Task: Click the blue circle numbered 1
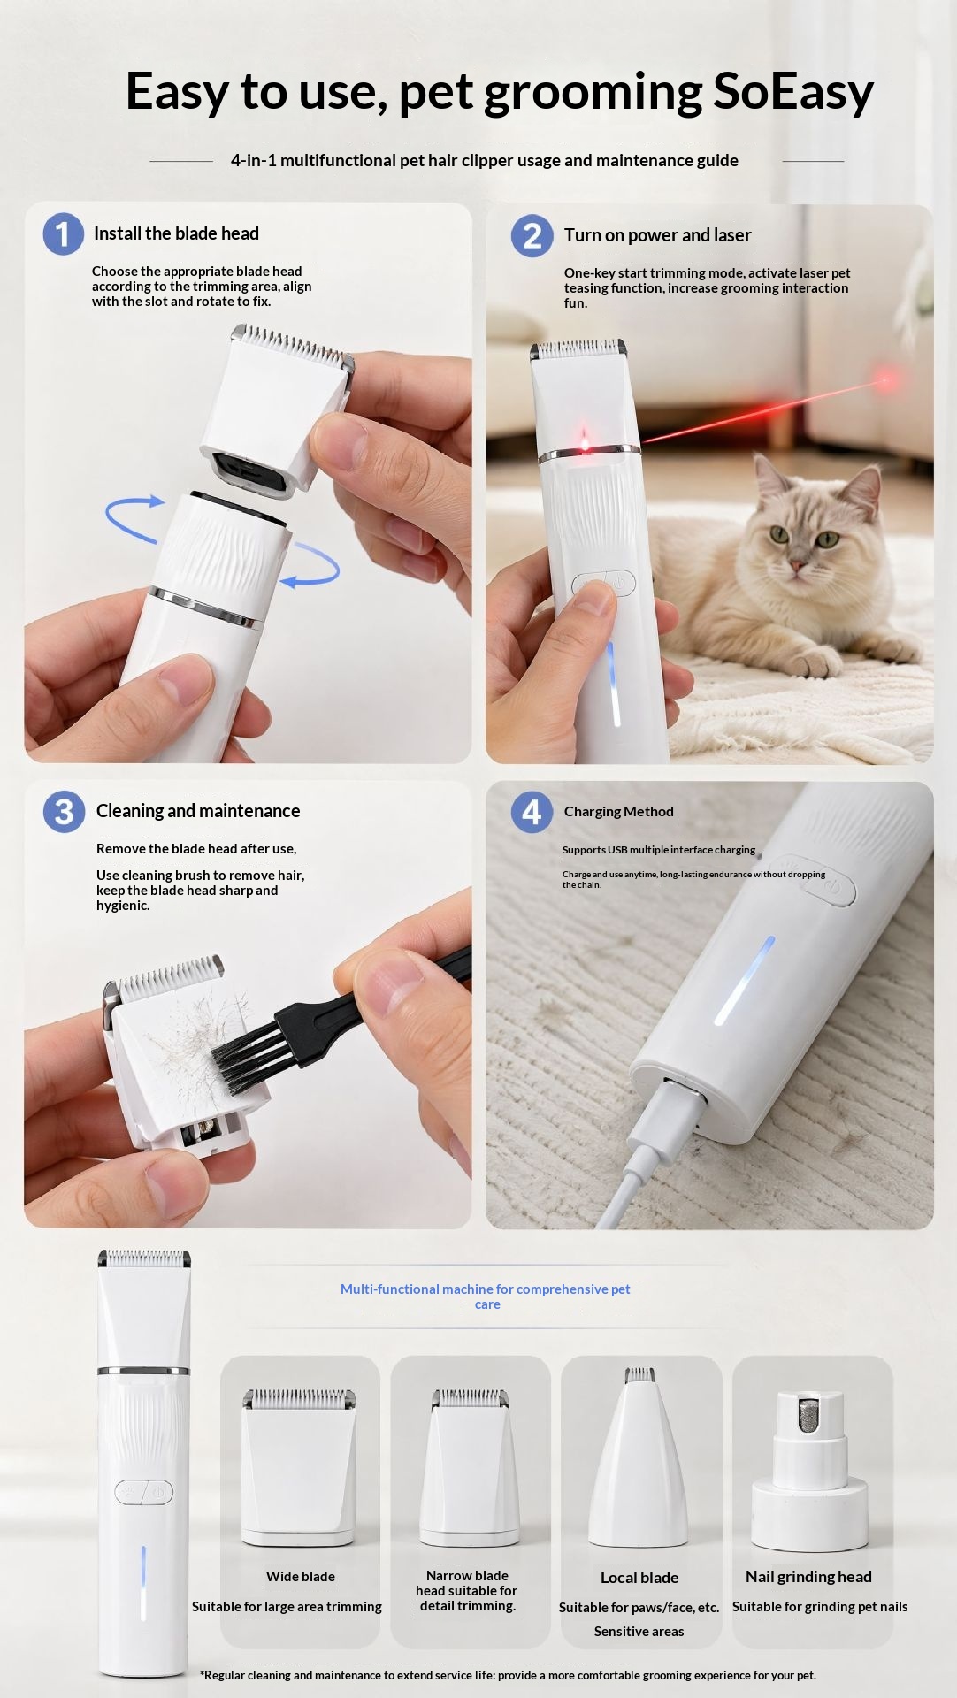[x=63, y=233]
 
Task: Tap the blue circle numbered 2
[x=532, y=235]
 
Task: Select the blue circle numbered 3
[x=64, y=811]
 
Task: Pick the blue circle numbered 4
[x=532, y=811]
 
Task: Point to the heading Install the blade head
[x=176, y=233]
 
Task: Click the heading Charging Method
[x=618, y=812]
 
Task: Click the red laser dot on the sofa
[x=884, y=381]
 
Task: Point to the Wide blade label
[x=301, y=1576]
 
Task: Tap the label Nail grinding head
[x=808, y=1576]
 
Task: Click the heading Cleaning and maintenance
[x=198, y=811]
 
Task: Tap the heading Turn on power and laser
[x=657, y=235]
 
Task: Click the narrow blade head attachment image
[x=469, y=1467]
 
